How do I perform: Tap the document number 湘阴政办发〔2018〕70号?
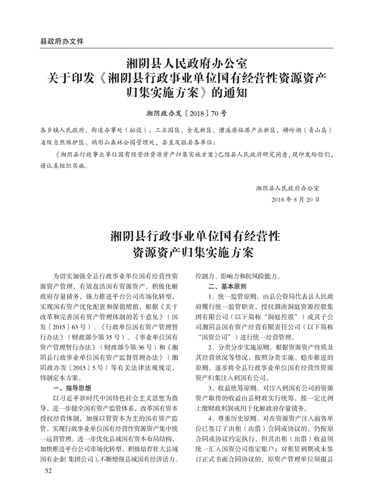click(x=186, y=111)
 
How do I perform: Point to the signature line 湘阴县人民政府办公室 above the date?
click(x=288, y=187)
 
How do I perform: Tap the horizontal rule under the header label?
click(x=186, y=48)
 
